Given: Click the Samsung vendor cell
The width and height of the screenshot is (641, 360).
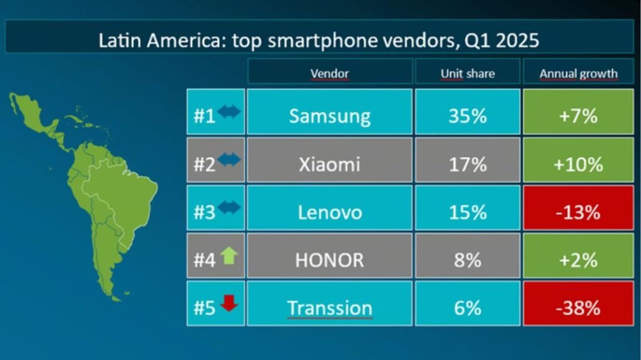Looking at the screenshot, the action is pyautogui.click(x=329, y=111).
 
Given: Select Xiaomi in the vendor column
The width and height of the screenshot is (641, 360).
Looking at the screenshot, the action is pyautogui.click(x=329, y=160).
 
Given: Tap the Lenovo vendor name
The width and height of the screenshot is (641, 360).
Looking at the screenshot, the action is pyautogui.click(x=329, y=212).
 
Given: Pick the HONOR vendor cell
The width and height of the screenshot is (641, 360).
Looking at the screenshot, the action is pyautogui.click(x=329, y=255).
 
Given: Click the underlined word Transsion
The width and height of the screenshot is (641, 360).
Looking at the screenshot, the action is pyautogui.click(x=329, y=308).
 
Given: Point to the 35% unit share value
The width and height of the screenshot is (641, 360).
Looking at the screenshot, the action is pyautogui.click(x=468, y=116).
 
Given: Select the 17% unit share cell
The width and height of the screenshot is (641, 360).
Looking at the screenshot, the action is pyautogui.click(x=468, y=160).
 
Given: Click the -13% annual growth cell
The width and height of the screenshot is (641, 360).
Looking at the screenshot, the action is pyautogui.click(x=578, y=208).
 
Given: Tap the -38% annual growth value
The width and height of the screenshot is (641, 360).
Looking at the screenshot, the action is pyautogui.click(x=578, y=308).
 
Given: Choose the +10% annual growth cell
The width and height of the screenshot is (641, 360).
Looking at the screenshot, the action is pyautogui.click(x=578, y=160).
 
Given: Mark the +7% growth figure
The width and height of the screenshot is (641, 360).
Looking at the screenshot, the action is pyautogui.click(x=578, y=116).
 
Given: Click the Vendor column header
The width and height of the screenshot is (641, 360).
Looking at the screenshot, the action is pyautogui.click(x=329, y=73).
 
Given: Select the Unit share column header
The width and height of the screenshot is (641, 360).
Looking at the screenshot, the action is pyautogui.click(x=468, y=73).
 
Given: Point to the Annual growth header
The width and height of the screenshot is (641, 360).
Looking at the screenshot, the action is pyautogui.click(x=578, y=74).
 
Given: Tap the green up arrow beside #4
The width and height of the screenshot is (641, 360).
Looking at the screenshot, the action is pyautogui.click(x=229, y=255).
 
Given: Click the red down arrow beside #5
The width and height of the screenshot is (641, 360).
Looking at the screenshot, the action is pyautogui.click(x=229, y=303).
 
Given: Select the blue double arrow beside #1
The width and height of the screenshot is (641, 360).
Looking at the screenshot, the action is pyautogui.click(x=229, y=111).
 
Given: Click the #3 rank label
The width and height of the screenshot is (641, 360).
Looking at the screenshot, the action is pyautogui.click(x=205, y=212).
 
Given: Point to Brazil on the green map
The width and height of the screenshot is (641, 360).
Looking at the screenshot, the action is pyautogui.click(x=123, y=197).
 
